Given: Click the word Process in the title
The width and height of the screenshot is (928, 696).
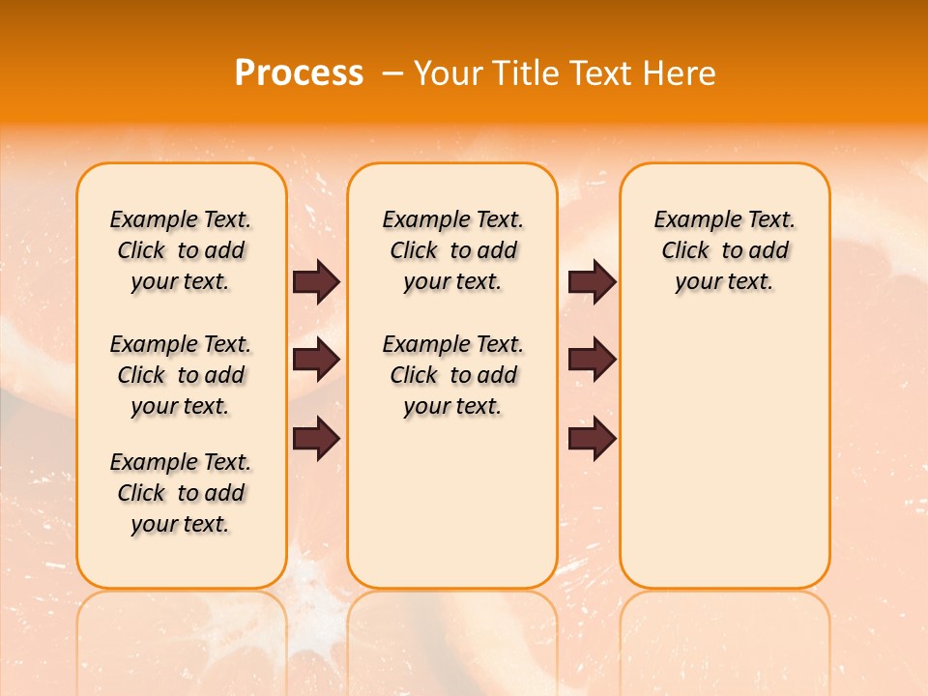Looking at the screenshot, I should point(299,73).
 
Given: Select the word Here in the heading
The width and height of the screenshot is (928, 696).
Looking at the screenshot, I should point(679,73).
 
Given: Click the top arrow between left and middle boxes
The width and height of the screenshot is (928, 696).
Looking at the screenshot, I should point(316,282).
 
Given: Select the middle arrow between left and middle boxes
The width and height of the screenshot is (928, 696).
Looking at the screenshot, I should point(316,361).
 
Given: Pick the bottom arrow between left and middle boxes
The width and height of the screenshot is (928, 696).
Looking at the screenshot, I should point(316,439).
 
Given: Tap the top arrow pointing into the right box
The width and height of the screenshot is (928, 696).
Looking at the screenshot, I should point(592,282).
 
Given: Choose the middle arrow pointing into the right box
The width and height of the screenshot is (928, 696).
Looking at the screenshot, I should point(592,361).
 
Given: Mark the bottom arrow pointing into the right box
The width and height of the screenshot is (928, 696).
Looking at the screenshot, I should point(592,439).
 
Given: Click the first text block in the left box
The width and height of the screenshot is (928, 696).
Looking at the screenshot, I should point(181,250).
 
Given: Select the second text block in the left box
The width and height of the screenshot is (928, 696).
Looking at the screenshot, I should point(181,375).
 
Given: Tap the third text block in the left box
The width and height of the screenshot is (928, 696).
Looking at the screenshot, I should point(181,493).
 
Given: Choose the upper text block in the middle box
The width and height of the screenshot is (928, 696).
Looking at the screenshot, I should point(452,250).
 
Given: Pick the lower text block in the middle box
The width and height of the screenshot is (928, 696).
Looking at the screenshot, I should point(452,375).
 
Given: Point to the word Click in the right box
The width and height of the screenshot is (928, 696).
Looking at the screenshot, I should point(685,251).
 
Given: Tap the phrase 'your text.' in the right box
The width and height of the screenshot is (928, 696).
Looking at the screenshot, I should point(724,282).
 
